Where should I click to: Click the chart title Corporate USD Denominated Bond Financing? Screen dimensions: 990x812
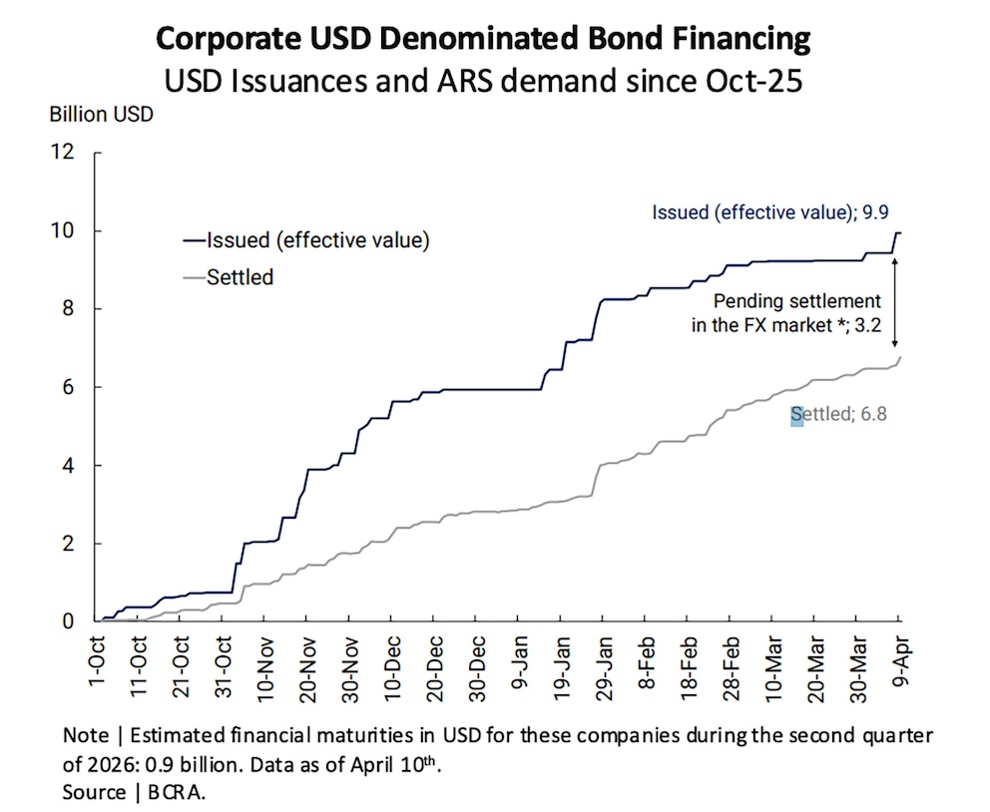(483, 38)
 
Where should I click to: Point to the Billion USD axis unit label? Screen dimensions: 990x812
(101, 114)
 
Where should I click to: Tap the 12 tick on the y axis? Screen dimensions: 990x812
(63, 152)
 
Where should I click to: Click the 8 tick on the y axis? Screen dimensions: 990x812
(68, 308)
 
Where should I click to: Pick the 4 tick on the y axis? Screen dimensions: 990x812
(68, 465)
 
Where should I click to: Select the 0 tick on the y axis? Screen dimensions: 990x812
(68, 620)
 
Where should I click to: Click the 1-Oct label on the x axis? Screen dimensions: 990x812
(97, 660)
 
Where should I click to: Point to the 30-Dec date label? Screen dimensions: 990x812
(478, 668)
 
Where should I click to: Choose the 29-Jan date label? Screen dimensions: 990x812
(605, 668)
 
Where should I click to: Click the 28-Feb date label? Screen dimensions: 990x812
(732, 668)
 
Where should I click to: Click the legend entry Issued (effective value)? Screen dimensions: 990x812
(306, 239)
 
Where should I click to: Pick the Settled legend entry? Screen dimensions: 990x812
(228, 277)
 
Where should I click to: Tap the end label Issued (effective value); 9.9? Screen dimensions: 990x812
(770, 212)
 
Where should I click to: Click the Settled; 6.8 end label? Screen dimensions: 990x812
(838, 414)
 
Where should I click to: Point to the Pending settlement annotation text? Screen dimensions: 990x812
(786, 313)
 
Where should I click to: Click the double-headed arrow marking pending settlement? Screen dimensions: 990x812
(894, 302)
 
